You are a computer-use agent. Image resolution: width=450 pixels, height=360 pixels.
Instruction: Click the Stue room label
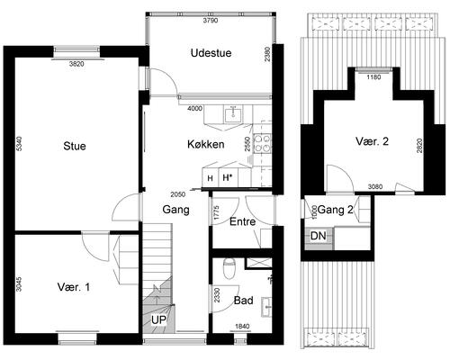(75, 146)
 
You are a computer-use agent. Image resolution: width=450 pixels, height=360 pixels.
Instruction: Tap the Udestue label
(211, 53)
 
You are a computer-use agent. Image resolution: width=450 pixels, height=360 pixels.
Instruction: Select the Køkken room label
(206, 144)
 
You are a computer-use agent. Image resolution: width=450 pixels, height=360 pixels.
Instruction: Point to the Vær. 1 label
(74, 287)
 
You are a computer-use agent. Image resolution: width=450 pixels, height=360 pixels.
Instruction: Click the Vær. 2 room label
(372, 141)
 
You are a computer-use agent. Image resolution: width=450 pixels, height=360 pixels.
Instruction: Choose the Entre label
(242, 221)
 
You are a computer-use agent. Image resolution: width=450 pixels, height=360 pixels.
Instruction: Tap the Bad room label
(243, 300)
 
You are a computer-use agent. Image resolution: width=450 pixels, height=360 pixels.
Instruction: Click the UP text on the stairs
(158, 320)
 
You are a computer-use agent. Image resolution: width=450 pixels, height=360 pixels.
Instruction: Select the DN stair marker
(318, 236)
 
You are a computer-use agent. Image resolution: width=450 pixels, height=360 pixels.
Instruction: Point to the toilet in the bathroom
(229, 268)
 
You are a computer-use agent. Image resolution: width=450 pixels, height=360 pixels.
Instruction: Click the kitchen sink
(233, 114)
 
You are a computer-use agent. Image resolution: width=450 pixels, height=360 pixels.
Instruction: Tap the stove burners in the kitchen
(262, 143)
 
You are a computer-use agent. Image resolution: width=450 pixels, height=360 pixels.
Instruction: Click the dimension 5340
(19, 144)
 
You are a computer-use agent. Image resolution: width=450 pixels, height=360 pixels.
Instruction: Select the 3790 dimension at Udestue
(211, 21)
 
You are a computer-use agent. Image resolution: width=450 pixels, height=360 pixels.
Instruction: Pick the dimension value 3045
(19, 284)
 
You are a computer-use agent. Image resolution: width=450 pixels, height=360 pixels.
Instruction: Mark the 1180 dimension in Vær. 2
(373, 77)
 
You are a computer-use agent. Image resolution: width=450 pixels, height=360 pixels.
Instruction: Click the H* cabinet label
(228, 177)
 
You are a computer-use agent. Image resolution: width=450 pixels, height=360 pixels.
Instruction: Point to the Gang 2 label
(335, 210)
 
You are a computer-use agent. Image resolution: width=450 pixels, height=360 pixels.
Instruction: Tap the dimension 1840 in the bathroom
(242, 327)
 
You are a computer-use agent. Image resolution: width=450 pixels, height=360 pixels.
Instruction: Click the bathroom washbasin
(266, 307)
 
